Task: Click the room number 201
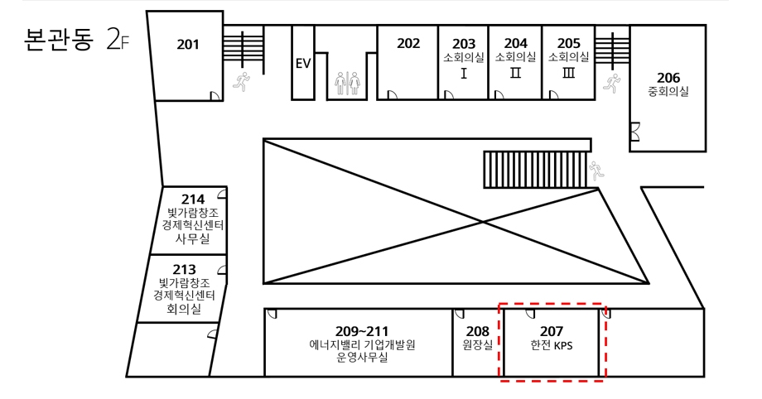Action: tap(187, 45)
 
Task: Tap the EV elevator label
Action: tap(303, 64)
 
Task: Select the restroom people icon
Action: tap(348, 83)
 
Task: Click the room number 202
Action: tap(408, 44)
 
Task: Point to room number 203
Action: tap(464, 44)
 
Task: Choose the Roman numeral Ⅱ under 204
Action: tap(516, 73)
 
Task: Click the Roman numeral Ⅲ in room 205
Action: tap(568, 73)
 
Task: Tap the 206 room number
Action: tap(668, 78)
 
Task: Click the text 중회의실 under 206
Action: tap(668, 91)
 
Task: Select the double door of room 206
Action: tap(634, 132)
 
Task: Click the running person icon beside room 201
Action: tap(241, 81)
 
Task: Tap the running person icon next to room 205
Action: tap(612, 83)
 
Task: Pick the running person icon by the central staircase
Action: tap(596, 171)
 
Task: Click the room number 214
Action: tap(193, 199)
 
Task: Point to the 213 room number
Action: tap(184, 269)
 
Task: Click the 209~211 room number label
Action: tap(362, 331)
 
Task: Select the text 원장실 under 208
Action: tap(478, 345)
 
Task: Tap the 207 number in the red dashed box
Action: tap(551, 331)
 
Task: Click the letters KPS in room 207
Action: tap(563, 346)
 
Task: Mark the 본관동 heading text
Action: tap(58, 40)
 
